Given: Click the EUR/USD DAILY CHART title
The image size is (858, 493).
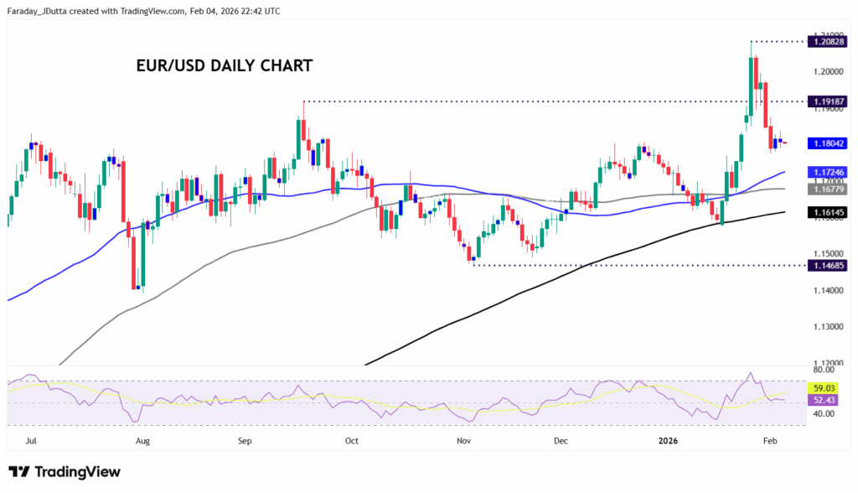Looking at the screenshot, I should [x=224, y=65].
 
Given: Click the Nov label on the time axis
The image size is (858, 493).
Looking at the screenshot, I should [x=462, y=439].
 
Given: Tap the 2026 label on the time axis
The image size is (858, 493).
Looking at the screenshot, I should [x=668, y=439].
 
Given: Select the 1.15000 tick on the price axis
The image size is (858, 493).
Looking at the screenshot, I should [x=827, y=253].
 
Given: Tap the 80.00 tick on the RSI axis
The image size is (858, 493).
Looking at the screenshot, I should [x=824, y=369].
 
